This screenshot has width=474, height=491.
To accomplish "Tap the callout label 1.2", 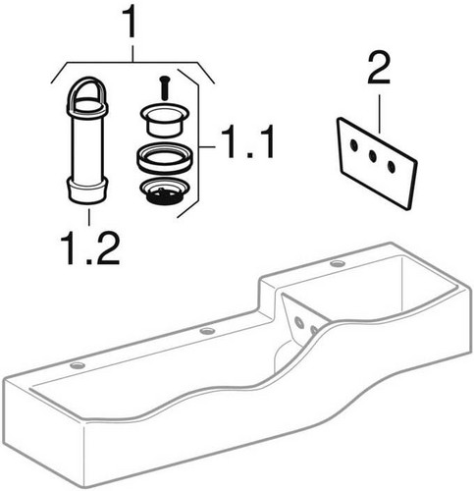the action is [89, 247].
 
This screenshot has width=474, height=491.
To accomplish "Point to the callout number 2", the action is [379, 70].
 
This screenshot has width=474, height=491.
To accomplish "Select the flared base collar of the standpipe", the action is [87, 191].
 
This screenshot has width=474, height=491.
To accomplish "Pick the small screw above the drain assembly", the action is [164, 87].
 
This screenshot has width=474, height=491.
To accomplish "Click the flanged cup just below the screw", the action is [164, 120].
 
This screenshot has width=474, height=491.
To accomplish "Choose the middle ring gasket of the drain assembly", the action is [164, 158].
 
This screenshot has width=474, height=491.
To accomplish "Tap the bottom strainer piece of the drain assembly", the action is [164, 192].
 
